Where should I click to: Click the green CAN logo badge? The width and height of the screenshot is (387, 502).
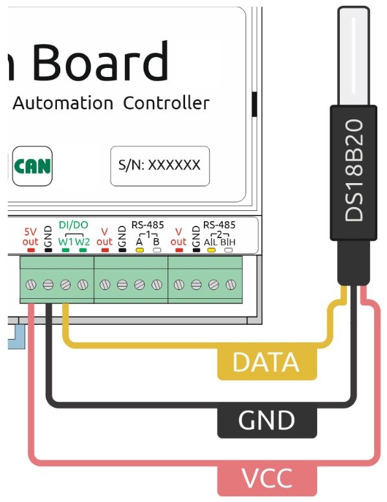point(32,166)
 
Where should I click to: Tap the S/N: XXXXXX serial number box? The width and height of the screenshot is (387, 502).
point(160,166)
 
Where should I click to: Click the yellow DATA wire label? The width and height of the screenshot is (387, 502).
point(267,362)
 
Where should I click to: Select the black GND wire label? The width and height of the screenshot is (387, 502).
point(267,420)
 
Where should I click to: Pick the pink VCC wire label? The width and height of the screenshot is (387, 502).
point(267,478)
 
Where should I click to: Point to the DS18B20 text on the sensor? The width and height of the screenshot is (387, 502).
point(354,170)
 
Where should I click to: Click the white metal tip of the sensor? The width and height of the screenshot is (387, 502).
point(354,56)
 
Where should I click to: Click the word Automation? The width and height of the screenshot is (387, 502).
point(63,103)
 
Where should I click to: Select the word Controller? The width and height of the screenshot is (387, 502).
point(166,103)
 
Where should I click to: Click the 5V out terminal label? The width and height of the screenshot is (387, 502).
point(30,237)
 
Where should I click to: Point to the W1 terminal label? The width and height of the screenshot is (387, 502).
point(65,242)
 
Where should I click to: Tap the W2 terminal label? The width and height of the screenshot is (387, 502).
point(83,242)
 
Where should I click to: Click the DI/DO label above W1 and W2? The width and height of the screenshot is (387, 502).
point(74,224)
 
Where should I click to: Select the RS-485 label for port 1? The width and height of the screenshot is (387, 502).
point(148,224)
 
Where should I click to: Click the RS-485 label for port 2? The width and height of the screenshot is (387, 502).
point(219,224)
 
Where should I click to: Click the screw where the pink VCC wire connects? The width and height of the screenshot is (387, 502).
point(31,284)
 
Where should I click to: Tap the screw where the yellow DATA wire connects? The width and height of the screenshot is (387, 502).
point(65,284)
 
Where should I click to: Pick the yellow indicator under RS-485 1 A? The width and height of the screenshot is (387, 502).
point(139,250)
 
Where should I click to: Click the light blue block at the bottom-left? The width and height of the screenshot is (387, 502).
point(17,337)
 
